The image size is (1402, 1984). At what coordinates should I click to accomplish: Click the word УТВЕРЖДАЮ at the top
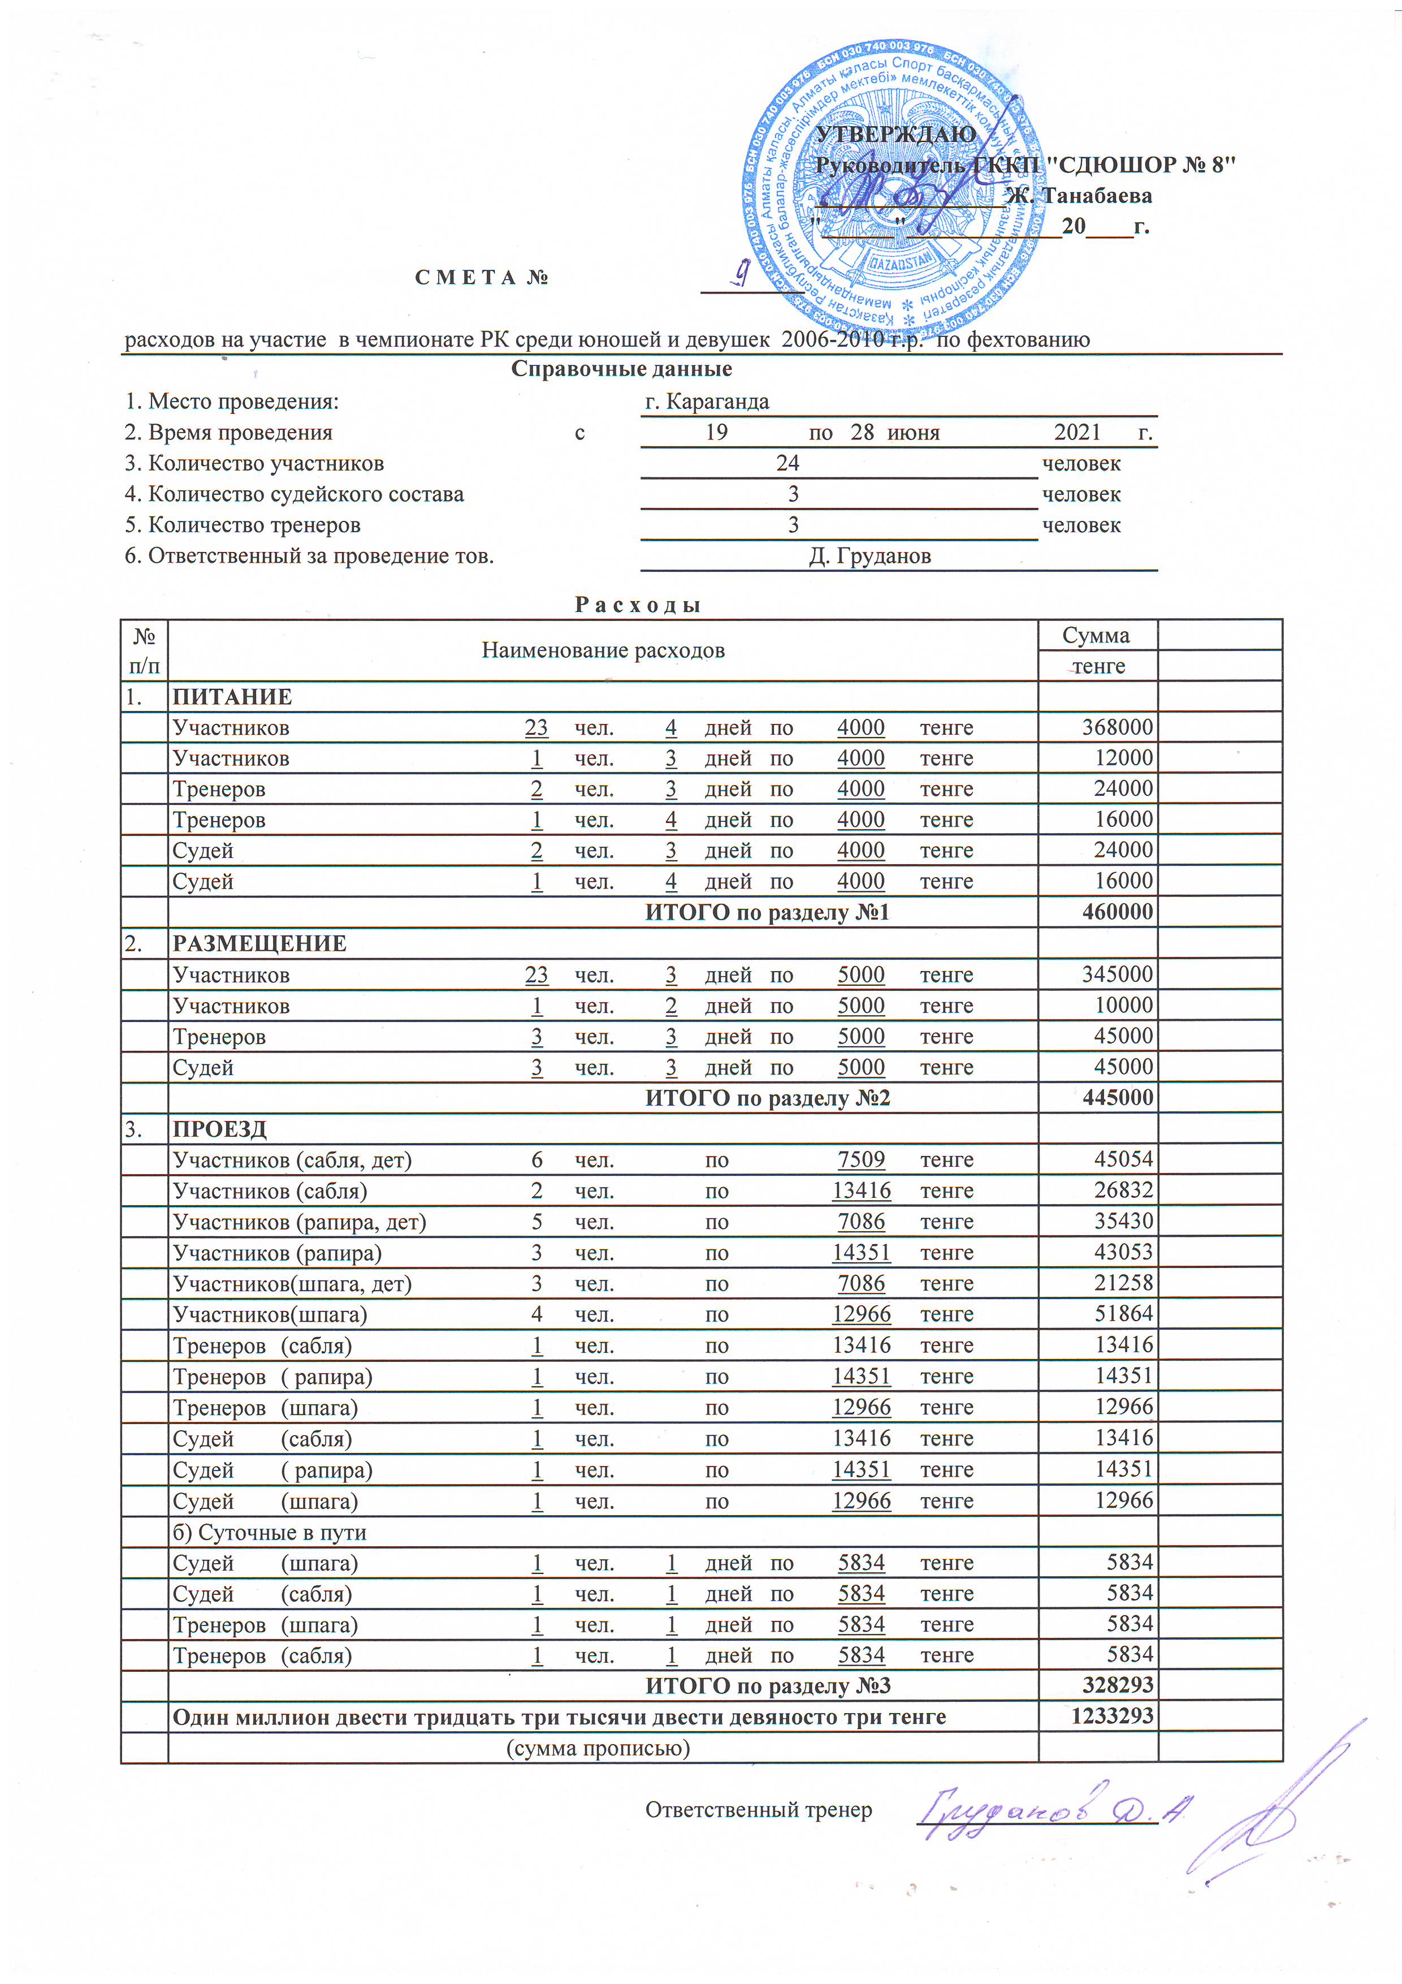896,135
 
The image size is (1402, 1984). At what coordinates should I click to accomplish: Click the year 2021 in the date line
1077,432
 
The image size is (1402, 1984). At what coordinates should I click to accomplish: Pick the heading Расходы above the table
638,605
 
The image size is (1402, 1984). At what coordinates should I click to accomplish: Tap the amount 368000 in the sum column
1117,727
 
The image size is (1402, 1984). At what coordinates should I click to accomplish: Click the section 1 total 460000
1117,912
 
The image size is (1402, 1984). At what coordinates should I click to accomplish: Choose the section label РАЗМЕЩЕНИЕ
259,943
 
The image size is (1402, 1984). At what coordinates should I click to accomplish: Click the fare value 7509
861,1159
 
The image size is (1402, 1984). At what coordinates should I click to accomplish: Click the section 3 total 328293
1117,1686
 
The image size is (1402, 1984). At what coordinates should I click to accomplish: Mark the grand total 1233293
1112,1717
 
